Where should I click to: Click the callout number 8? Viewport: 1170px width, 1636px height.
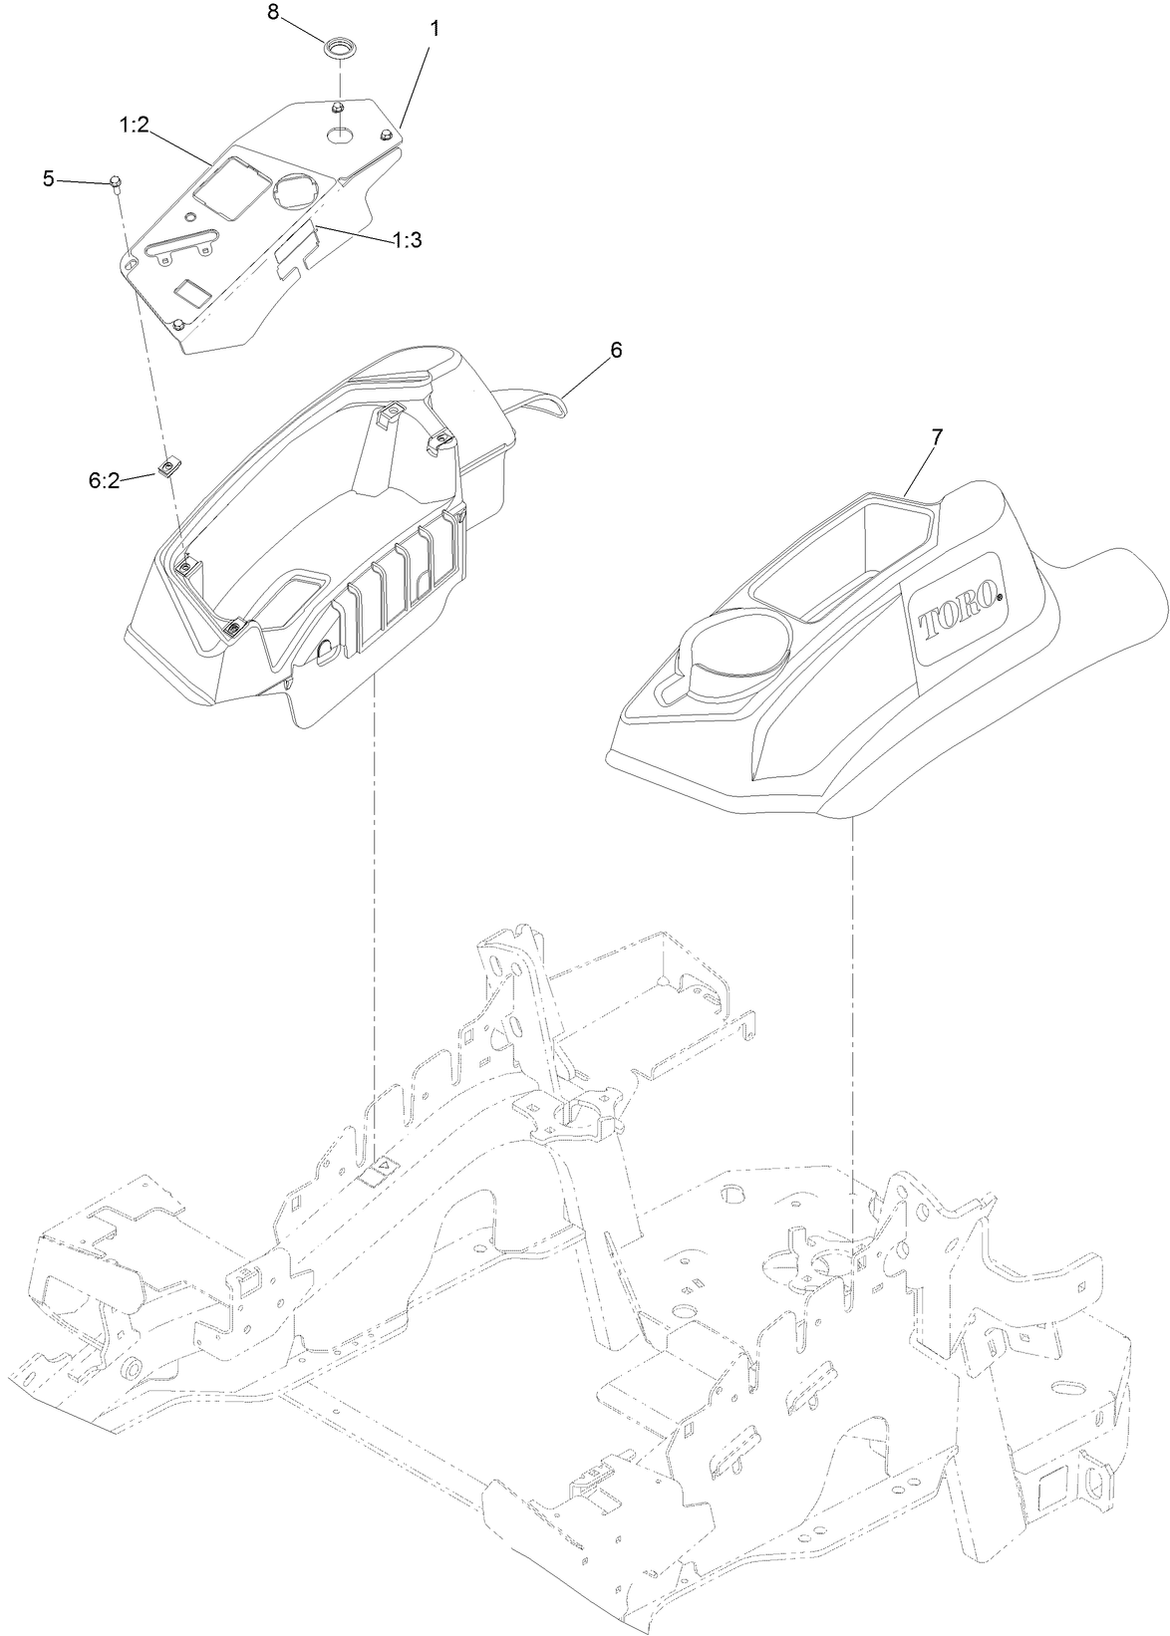coord(273,14)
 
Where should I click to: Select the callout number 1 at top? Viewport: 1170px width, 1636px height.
coord(434,28)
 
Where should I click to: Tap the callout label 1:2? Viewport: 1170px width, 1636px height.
coord(135,126)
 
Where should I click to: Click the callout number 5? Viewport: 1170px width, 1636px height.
coord(48,178)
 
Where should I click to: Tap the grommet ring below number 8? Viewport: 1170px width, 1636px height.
coord(338,48)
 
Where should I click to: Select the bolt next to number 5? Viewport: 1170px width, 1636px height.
coord(116,182)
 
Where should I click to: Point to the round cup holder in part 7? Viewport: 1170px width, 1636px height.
coord(732,652)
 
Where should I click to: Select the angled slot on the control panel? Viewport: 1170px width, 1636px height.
coord(179,244)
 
